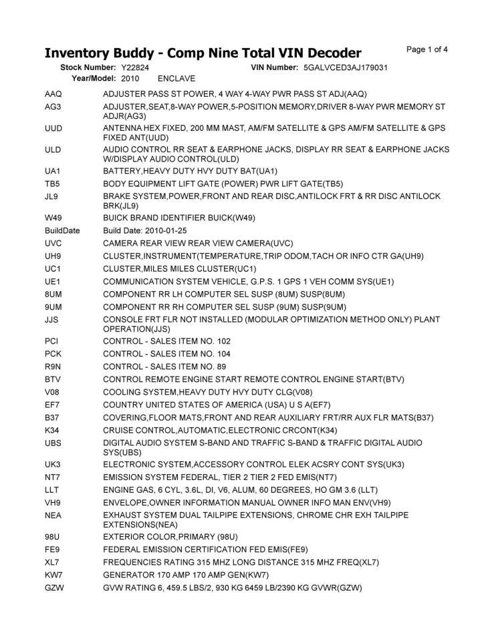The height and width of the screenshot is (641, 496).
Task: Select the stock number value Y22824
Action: pos(135,68)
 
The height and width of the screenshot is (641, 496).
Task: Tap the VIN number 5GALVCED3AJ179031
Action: pos(346,68)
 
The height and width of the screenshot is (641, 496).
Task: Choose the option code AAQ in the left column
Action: pos(53,94)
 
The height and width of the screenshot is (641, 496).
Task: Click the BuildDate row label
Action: pos(62,230)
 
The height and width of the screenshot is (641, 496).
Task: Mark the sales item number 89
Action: pos(220,367)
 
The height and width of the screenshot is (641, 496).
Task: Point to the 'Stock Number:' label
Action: pos(88,68)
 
